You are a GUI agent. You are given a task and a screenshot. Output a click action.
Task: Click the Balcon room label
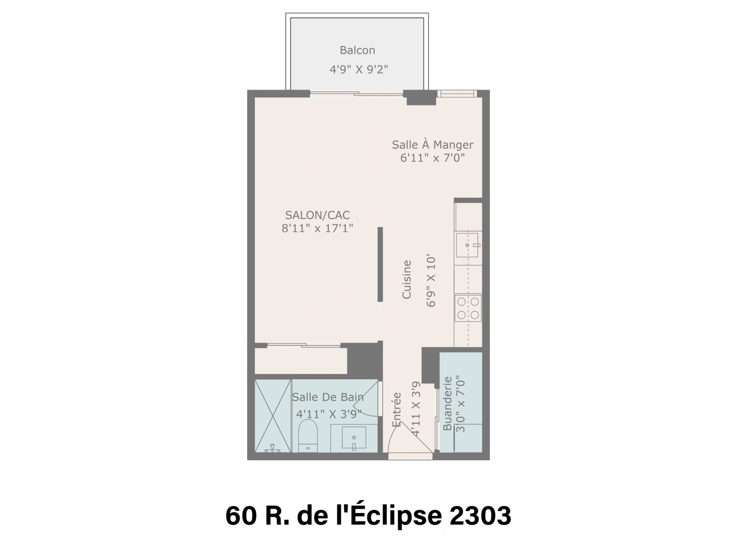coord(357,50)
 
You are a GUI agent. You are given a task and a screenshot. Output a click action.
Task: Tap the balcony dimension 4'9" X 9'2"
coord(359,70)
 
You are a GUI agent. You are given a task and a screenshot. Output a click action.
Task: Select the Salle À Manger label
coord(433,144)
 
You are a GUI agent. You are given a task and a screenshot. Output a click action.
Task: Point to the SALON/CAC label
coord(317,215)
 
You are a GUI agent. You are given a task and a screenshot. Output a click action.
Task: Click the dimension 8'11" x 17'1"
coord(317,228)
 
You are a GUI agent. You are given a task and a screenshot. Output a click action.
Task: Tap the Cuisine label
coord(407,279)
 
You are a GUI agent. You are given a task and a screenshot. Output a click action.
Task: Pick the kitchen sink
coord(468,245)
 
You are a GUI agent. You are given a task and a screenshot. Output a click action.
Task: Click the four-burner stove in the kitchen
coord(468,308)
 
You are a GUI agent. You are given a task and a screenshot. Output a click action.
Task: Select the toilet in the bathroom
coord(308,436)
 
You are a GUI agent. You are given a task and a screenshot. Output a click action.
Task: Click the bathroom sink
coord(354,438)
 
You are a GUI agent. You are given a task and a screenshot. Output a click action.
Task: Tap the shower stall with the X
coord(273,416)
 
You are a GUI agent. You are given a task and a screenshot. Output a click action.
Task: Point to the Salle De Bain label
coord(328,397)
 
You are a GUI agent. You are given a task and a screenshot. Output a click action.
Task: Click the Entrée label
coord(397,409)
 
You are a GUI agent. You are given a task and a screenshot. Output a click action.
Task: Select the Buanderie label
coord(447,403)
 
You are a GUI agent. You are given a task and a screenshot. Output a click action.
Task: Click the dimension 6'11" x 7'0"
coord(433,158)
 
